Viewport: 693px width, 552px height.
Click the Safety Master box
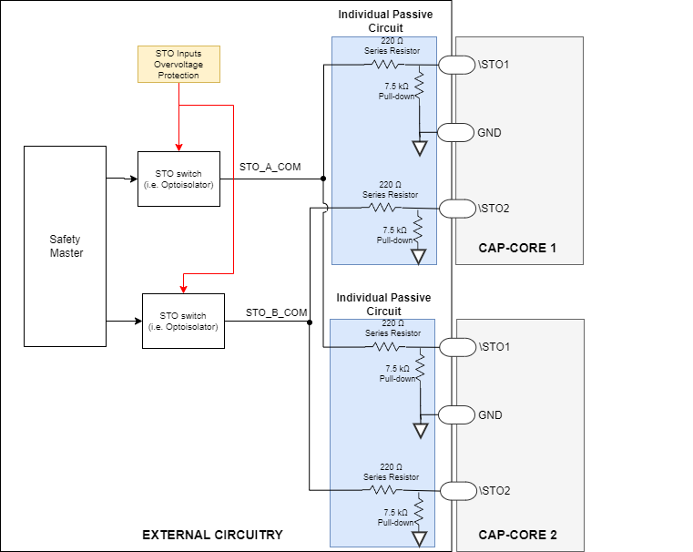(x=66, y=246)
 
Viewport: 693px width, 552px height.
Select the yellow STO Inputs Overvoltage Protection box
(x=178, y=64)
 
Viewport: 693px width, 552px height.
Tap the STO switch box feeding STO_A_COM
(x=178, y=179)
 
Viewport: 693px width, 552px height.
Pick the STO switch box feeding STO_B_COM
(x=183, y=321)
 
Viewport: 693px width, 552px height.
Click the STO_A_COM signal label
(x=270, y=168)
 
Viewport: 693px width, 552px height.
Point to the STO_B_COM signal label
(x=276, y=312)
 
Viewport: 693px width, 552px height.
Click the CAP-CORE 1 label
(x=517, y=249)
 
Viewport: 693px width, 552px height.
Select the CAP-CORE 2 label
(x=517, y=535)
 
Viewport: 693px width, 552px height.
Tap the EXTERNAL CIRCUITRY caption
(x=212, y=535)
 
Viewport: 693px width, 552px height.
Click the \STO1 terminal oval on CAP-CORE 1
(x=457, y=65)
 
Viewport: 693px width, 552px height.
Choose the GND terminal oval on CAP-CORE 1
(x=457, y=132)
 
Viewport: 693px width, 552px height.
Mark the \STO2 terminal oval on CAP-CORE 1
(x=457, y=208)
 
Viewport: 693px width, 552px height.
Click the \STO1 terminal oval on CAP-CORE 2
(x=457, y=347)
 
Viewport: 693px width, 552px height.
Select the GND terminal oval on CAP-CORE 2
(x=457, y=414)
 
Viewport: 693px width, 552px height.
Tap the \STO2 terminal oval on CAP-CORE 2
(x=457, y=490)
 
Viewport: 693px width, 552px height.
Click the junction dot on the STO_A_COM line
(x=323, y=179)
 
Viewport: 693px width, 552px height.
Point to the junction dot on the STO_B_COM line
(x=310, y=322)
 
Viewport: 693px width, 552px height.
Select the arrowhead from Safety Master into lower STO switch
(x=138, y=321)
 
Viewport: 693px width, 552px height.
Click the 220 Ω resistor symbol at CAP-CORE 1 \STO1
(x=386, y=65)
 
